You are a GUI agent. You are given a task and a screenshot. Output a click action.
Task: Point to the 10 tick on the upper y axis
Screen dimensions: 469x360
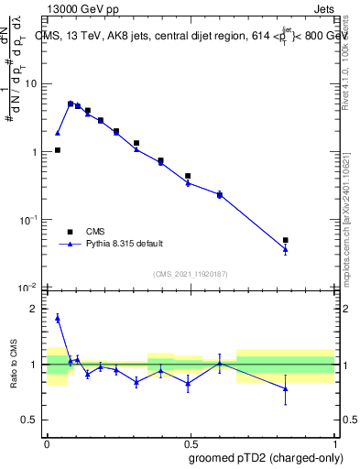(x=29, y=83)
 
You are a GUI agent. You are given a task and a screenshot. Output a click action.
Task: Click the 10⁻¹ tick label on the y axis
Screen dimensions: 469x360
(x=28, y=220)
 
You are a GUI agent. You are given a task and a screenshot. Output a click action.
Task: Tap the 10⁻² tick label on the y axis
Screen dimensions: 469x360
(x=28, y=288)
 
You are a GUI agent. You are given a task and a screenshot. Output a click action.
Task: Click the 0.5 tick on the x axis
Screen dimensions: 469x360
(x=191, y=442)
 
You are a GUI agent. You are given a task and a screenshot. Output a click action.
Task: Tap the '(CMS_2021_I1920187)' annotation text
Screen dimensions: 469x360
(x=190, y=274)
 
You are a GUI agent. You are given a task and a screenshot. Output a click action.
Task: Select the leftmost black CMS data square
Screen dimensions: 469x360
(x=58, y=150)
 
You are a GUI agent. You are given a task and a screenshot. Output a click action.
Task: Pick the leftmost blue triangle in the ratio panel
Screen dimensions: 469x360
(x=58, y=318)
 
